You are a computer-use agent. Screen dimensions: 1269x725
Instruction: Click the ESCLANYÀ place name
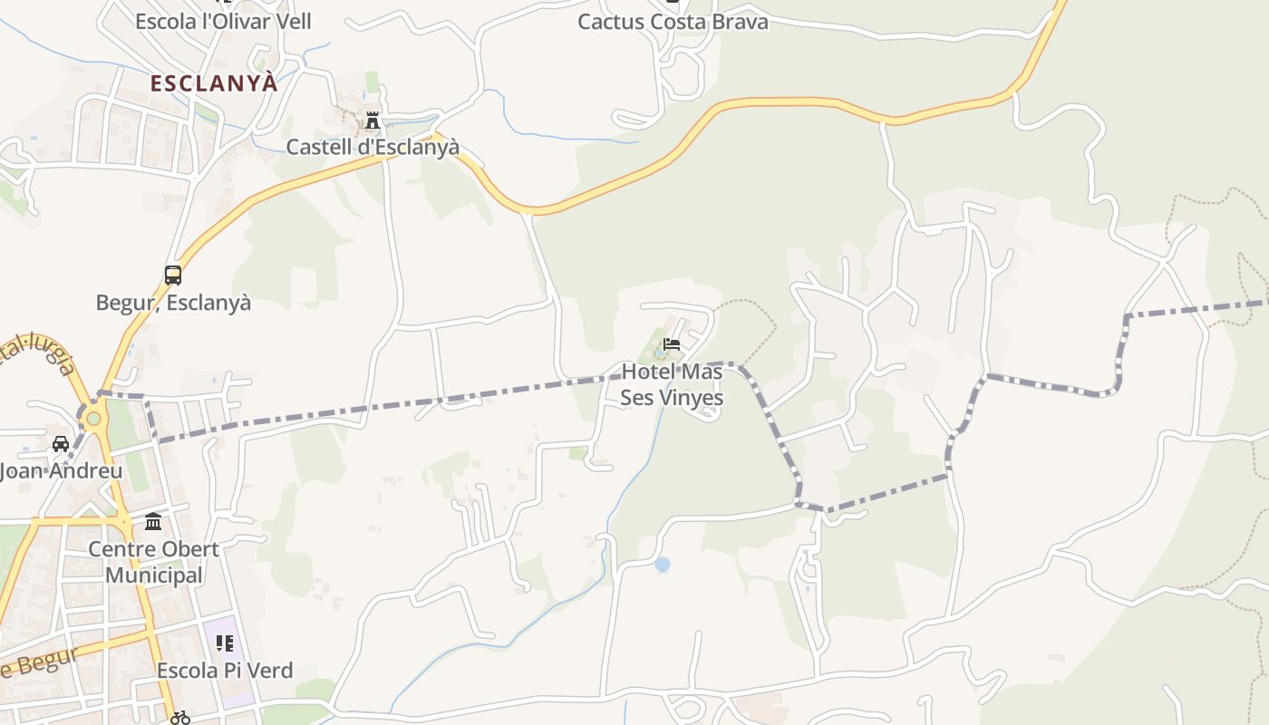[214, 83]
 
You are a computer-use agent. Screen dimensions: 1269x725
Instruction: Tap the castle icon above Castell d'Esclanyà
[372, 121]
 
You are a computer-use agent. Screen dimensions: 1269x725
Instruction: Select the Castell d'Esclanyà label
[373, 147]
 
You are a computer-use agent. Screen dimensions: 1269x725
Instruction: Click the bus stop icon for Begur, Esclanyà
[172, 275]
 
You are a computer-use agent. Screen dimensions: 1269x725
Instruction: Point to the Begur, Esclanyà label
[173, 303]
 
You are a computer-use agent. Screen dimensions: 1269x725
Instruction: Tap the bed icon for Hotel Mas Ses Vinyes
[672, 344]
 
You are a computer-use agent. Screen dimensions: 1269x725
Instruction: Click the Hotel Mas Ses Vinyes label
[672, 385]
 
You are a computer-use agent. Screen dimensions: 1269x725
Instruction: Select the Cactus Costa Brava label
[673, 22]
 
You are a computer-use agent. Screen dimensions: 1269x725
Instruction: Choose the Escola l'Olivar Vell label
[223, 22]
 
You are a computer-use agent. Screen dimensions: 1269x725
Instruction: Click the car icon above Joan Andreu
[61, 444]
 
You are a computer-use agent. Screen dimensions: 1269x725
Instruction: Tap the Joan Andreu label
[61, 471]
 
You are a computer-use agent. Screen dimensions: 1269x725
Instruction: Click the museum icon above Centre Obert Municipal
[153, 522]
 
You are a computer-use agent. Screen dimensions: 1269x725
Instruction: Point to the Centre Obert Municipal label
[153, 562]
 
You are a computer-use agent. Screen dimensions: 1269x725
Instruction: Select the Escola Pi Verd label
[225, 671]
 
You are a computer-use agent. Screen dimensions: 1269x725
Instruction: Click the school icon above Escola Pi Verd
[224, 643]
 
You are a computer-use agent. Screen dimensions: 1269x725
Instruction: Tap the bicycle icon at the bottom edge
[180, 718]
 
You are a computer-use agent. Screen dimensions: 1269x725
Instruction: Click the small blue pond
[663, 565]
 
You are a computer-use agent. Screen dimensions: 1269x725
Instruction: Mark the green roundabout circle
[93, 418]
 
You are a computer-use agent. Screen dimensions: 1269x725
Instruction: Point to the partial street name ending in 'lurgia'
[41, 353]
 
